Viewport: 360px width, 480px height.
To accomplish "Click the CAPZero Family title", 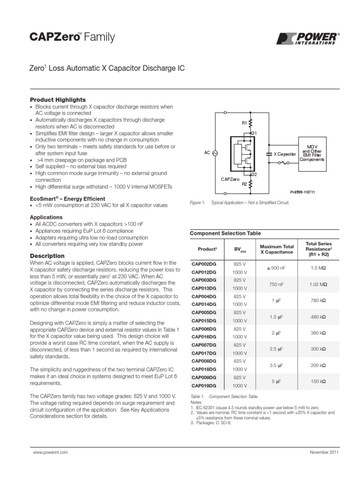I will pyautogui.click(x=72, y=37).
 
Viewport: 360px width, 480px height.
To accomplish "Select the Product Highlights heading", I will pyautogui.click(x=58, y=100).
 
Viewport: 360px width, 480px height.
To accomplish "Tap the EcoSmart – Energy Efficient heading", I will pyautogui.click(x=67, y=199).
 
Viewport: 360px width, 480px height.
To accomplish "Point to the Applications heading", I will pyautogui.click(x=46, y=217).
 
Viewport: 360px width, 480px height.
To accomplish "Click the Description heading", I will pyautogui.click(x=47, y=256).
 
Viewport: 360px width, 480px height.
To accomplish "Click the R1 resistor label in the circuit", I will pyautogui.click(x=244, y=123).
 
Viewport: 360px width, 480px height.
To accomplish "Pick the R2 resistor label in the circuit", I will pyautogui.click(x=244, y=184).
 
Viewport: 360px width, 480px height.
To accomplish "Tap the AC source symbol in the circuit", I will pyautogui.click(x=215, y=153).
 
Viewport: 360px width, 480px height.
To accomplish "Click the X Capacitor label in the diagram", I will pyautogui.click(x=285, y=154).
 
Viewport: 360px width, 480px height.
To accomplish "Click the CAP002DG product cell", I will pyautogui.click(x=204, y=264).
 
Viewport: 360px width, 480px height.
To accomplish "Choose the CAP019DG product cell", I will pyautogui.click(x=204, y=386).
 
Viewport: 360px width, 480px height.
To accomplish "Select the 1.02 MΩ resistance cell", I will pyautogui.click(x=318, y=284).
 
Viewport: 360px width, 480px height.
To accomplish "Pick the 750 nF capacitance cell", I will pyautogui.click(x=276, y=284).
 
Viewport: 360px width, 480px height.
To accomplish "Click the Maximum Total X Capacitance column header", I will pyautogui.click(x=276, y=249).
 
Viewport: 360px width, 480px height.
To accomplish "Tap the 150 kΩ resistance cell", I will pyautogui.click(x=318, y=382).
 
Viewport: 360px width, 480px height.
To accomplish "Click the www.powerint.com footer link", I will pyautogui.click(x=51, y=452).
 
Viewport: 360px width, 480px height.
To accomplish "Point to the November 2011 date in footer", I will pyautogui.click(x=324, y=452).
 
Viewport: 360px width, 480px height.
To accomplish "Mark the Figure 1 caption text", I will pyautogui.click(x=240, y=202).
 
